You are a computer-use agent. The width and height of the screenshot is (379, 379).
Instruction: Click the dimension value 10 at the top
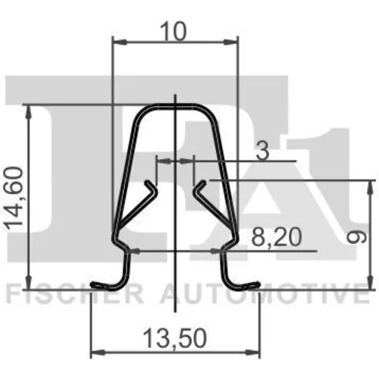tap(174, 31)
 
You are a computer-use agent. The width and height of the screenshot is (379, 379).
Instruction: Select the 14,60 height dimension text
tap(15, 198)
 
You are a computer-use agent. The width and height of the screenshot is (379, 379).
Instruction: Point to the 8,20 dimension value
tap(277, 237)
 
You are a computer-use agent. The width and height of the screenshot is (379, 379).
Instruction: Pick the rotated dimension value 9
tap(356, 236)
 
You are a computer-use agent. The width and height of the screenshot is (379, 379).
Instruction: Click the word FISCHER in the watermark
tap(75, 295)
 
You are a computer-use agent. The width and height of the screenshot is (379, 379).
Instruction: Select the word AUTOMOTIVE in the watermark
tap(265, 295)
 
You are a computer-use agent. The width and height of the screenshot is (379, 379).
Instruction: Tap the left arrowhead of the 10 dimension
tap(119, 42)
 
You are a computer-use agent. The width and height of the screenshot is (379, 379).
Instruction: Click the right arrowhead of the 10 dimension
tap(231, 42)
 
